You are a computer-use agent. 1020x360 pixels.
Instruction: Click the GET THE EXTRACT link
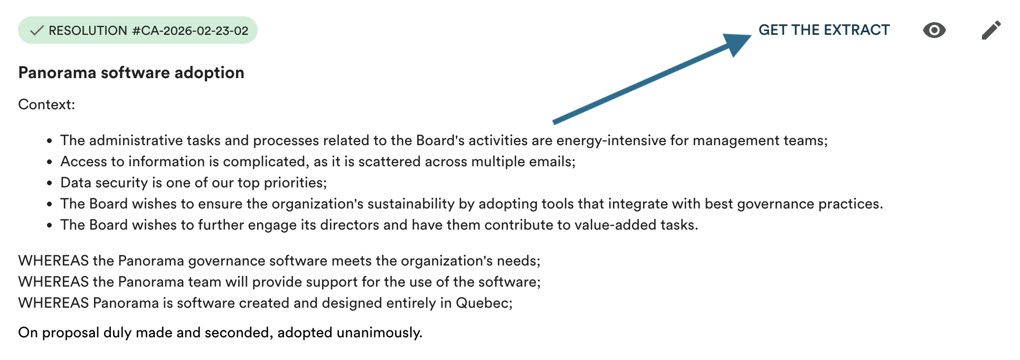click(824, 30)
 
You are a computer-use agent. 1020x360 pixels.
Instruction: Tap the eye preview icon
click(934, 30)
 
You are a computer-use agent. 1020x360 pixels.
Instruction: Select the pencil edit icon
click(991, 30)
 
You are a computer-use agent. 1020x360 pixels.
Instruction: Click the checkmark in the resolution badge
click(36, 31)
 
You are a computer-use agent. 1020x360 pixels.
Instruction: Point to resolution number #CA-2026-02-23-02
click(190, 31)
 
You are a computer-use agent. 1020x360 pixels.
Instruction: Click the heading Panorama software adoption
click(131, 72)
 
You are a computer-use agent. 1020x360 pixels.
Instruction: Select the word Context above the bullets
click(45, 105)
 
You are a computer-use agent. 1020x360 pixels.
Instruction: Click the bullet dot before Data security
click(49, 184)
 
